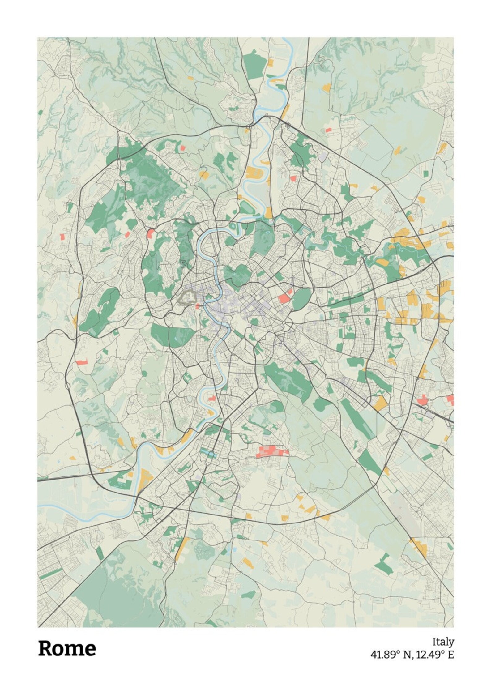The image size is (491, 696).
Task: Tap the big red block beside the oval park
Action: [284, 299]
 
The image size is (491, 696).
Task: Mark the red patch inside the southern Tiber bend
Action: [212, 398]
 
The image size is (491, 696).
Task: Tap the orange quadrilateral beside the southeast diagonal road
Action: [380, 403]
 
